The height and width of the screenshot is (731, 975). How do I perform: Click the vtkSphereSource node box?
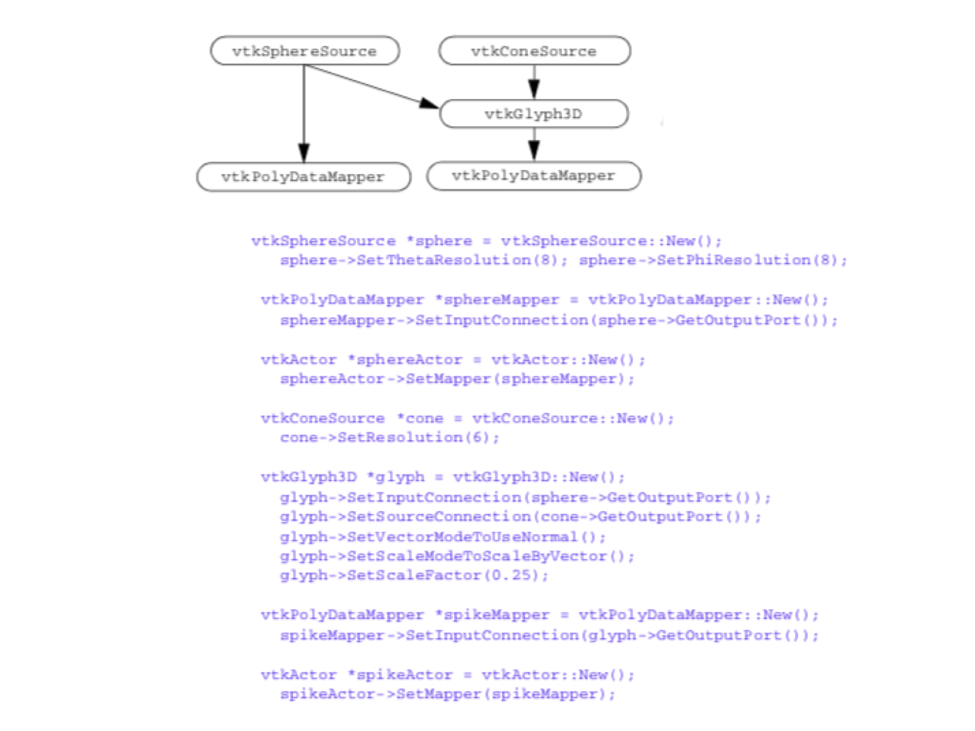(x=305, y=51)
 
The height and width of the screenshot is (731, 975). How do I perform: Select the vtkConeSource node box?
(x=534, y=51)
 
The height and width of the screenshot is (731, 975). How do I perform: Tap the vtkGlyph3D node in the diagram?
(x=533, y=113)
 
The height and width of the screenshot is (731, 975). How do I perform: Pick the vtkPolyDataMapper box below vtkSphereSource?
(x=304, y=177)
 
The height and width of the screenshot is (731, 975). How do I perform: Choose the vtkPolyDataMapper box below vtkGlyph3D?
(x=533, y=175)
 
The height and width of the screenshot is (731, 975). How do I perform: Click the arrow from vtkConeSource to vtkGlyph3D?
(x=534, y=82)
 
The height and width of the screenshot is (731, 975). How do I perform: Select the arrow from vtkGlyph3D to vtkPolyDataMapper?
(x=534, y=144)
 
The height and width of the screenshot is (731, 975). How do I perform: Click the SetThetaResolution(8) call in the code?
(x=424, y=260)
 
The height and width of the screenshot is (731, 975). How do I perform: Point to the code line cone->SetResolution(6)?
(x=390, y=438)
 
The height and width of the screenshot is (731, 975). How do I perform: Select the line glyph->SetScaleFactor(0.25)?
(x=414, y=576)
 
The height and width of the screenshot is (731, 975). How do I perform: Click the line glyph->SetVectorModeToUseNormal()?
(x=443, y=537)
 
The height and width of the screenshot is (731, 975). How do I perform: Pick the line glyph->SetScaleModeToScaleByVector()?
(x=457, y=556)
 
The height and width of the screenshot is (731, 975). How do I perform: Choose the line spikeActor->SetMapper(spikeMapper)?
(x=448, y=694)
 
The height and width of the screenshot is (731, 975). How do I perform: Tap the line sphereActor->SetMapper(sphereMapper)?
(x=457, y=379)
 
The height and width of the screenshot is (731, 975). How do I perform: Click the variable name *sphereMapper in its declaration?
(x=497, y=300)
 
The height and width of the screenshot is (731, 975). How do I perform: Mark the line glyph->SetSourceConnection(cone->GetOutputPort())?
(x=521, y=517)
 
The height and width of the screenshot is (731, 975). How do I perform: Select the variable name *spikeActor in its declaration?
(x=400, y=675)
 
